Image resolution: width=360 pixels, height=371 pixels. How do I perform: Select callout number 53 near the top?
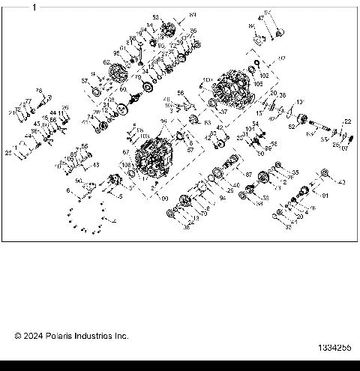coord(156,16)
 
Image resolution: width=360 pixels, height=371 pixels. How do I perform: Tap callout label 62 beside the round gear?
coord(106,62)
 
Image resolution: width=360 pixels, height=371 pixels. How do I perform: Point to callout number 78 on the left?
coord(38,91)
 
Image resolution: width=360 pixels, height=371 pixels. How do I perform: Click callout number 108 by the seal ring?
coord(124,164)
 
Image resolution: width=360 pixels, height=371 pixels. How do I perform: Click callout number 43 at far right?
coord(343,182)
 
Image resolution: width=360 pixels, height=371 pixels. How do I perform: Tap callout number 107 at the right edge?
coord(344,148)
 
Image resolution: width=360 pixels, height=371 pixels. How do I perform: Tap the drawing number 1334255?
coord(334,349)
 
